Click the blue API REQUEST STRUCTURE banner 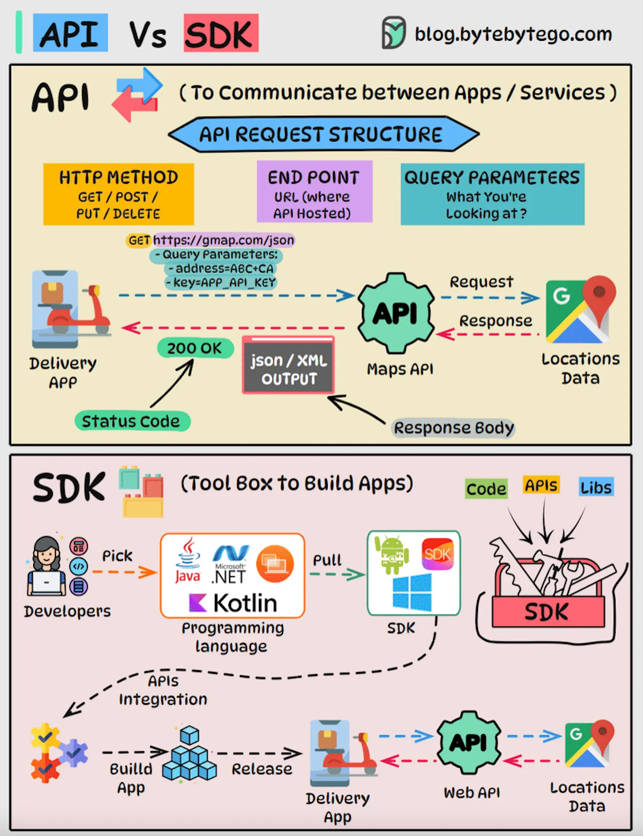pyautogui.click(x=323, y=134)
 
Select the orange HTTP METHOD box pyautogui.click(x=118, y=194)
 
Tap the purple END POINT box pyautogui.click(x=314, y=192)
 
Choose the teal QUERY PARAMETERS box pyautogui.click(x=492, y=194)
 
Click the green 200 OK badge pyautogui.click(x=195, y=348)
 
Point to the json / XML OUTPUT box pyautogui.click(x=288, y=366)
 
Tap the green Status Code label pyautogui.click(x=132, y=421)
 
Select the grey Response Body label pyautogui.click(x=453, y=428)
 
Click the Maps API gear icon pyautogui.click(x=396, y=313)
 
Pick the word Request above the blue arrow pyautogui.click(x=481, y=282)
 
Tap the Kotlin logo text pyautogui.click(x=234, y=603)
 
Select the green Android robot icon pyautogui.click(x=391, y=555)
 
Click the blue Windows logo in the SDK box pyautogui.click(x=412, y=593)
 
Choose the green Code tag pyautogui.click(x=486, y=488)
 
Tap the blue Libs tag pyautogui.click(x=596, y=487)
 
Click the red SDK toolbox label pyautogui.click(x=547, y=612)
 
